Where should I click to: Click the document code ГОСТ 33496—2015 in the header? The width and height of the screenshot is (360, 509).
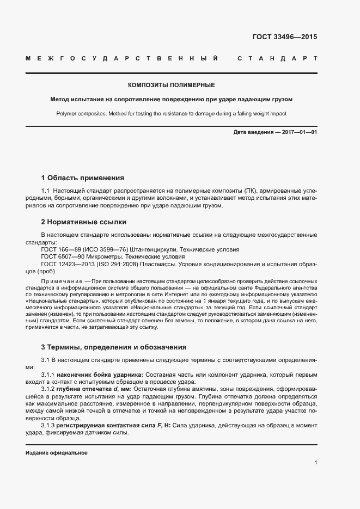[x=284, y=38]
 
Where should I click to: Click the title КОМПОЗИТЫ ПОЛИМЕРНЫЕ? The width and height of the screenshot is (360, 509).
[x=171, y=85]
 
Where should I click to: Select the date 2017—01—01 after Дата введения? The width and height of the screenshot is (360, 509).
[x=299, y=132]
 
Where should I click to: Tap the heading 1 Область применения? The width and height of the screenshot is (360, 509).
[x=83, y=178]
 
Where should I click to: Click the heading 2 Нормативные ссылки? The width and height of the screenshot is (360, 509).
[x=84, y=222]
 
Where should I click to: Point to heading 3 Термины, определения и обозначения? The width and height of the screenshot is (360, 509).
[x=114, y=347]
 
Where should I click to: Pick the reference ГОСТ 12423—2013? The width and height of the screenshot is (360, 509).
[x=63, y=264]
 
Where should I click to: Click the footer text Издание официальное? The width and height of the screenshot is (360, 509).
[x=57, y=453]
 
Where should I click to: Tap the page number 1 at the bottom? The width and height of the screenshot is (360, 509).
[x=316, y=463]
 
